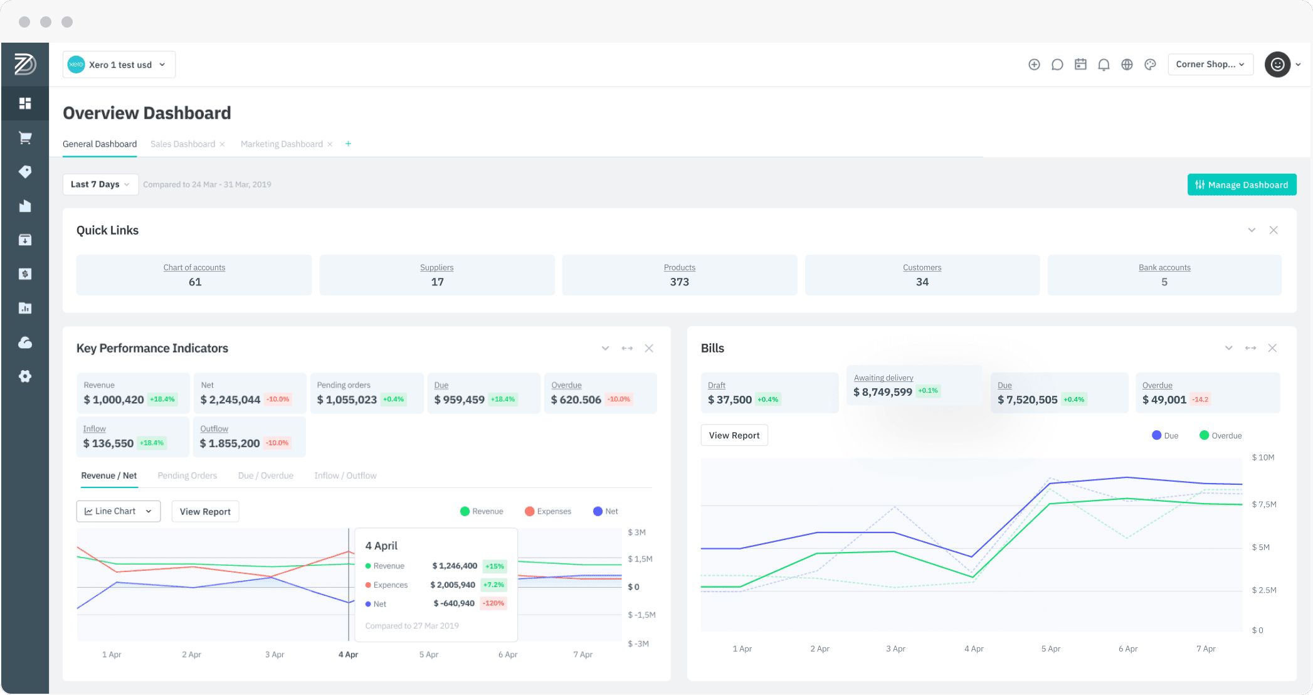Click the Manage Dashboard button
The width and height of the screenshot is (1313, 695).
1242,184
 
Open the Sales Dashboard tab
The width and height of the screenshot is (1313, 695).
182,144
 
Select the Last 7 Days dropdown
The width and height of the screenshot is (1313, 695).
100,184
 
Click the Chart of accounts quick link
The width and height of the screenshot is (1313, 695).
194,268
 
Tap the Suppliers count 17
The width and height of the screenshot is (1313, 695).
437,282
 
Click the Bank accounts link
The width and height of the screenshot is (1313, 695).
1164,268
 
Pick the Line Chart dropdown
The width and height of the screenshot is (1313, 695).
119,511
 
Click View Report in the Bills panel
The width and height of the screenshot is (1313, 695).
734,435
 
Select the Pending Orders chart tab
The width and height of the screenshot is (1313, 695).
187,475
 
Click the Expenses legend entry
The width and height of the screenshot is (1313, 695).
547,511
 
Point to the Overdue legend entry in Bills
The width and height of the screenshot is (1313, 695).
1220,435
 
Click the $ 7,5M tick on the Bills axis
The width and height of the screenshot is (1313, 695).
1263,504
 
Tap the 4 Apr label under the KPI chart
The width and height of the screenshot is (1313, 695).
348,654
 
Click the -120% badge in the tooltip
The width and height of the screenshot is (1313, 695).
493,603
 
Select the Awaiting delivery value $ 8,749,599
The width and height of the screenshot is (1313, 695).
882,392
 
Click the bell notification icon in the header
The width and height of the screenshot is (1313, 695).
1104,65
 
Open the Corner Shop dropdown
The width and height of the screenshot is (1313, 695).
1210,65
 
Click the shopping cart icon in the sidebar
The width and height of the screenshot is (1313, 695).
25,137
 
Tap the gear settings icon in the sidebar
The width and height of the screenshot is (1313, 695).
25,376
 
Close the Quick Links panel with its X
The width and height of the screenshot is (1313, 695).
1273,230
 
